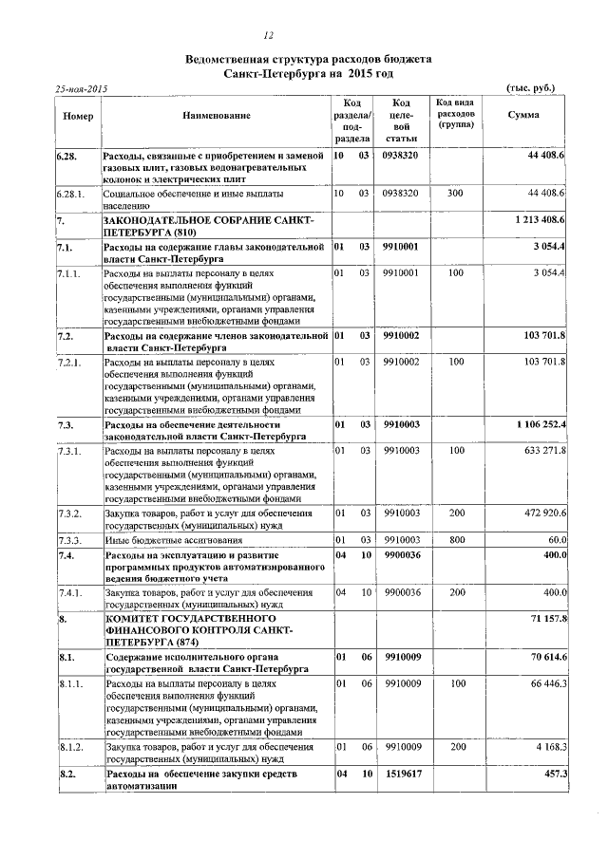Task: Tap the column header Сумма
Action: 523,116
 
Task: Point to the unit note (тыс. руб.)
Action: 532,88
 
